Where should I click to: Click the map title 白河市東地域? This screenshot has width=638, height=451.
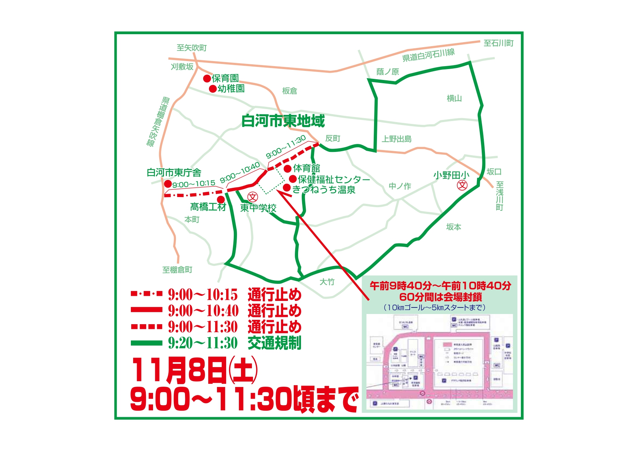tap(283, 121)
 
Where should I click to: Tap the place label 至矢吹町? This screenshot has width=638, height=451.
tap(192, 48)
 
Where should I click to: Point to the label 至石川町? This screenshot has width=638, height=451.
tap(498, 43)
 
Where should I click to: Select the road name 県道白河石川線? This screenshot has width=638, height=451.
tap(428, 55)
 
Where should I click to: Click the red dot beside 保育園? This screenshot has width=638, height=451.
tap(207, 78)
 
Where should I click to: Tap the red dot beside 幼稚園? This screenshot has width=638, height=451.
tap(213, 89)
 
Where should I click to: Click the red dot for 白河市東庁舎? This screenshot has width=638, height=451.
tap(168, 184)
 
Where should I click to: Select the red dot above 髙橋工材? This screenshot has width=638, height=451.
tap(221, 200)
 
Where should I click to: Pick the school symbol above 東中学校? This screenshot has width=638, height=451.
tap(253, 197)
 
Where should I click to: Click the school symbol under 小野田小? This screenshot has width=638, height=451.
tap(462, 185)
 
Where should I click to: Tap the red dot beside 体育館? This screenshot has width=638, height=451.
tap(288, 168)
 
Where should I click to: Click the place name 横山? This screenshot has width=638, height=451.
tap(454, 98)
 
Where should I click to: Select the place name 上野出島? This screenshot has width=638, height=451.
tap(397, 139)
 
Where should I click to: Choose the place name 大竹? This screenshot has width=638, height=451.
tap(327, 282)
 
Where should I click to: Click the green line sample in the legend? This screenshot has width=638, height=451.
tap(147, 343)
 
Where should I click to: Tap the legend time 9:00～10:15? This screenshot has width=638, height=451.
tap(203, 294)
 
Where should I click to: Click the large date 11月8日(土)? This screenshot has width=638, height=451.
tap(194, 371)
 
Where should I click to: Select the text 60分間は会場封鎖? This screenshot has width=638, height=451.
tap(441, 297)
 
